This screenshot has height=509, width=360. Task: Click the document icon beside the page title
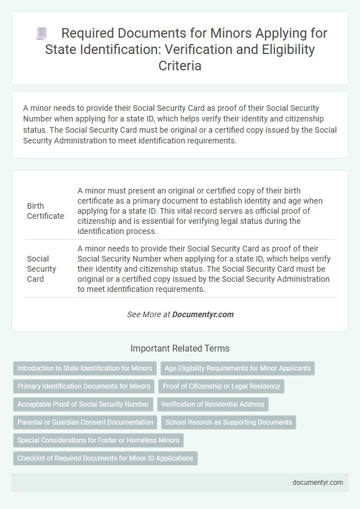coord(41,34)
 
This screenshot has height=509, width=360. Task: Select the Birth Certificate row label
coord(46,211)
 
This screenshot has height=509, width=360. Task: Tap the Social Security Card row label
coord(42,268)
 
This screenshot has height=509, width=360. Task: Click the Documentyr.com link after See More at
coord(203,314)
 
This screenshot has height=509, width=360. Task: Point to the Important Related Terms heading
coord(179,348)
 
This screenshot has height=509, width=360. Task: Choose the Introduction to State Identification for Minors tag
coord(85,368)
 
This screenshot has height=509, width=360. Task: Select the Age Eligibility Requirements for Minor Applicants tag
coord(237,368)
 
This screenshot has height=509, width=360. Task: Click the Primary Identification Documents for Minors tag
coord(84,386)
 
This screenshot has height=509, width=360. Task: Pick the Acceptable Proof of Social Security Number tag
coord(83,404)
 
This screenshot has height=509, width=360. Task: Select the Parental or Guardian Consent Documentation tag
coord(85,422)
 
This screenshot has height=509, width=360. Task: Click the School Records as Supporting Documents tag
coord(228,422)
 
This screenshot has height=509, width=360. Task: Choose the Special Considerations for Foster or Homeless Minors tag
coord(98,440)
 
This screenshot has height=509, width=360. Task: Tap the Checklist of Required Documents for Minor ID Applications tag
coord(105,458)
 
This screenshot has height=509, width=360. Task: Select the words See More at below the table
coord(148,314)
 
